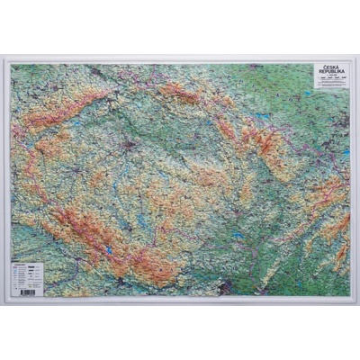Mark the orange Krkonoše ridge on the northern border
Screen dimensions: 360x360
pyautogui.click(x=180, y=93)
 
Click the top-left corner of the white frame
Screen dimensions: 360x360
pyautogui.click(x=4, y=59)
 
